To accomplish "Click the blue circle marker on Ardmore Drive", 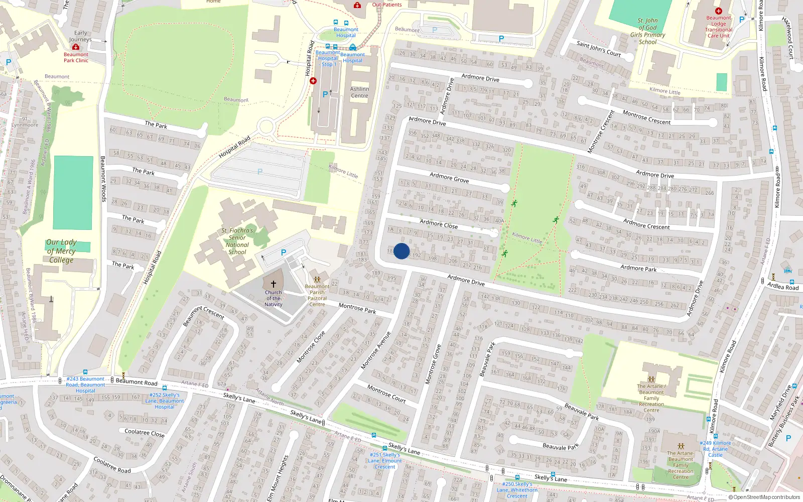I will click(x=401, y=251).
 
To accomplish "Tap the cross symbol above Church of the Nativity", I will click(x=274, y=284).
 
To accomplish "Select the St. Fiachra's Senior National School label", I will click(x=237, y=241).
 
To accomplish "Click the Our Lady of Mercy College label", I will click(x=61, y=251).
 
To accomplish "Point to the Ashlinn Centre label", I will click(x=359, y=92).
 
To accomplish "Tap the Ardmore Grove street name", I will click(x=449, y=178).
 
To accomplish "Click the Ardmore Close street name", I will click(x=439, y=224).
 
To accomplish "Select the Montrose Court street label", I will click(x=386, y=394).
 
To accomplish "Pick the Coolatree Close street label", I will click(x=144, y=432).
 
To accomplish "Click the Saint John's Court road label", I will click(x=598, y=49).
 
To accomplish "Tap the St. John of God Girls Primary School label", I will click(x=648, y=31).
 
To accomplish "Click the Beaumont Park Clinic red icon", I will click(x=76, y=47).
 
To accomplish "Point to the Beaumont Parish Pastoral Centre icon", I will click(x=317, y=279).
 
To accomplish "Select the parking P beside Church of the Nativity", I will click(x=284, y=253).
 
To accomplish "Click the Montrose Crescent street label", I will click(x=646, y=118).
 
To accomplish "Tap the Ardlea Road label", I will click(x=783, y=286).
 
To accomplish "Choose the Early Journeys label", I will click(x=80, y=36).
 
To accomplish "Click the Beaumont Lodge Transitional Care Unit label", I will click(x=719, y=27).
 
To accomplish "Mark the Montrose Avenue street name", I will click(x=376, y=350).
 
